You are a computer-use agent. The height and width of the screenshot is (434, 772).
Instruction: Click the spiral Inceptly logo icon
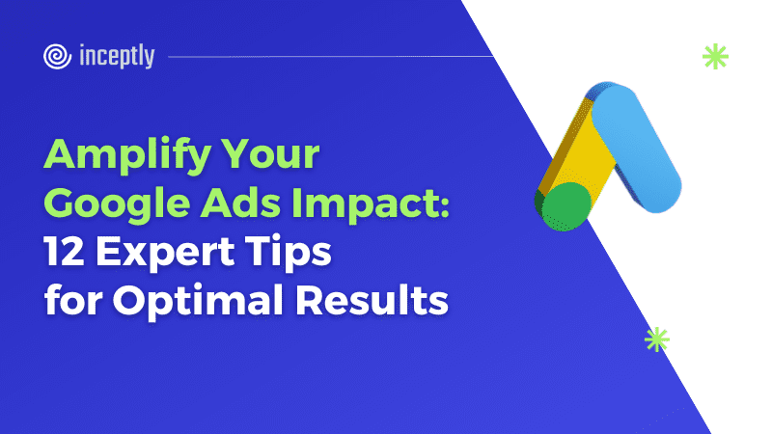[x=57, y=56]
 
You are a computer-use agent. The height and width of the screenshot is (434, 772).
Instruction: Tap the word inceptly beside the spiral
[x=117, y=56]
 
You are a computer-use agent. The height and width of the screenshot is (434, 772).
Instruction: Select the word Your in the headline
[x=270, y=154]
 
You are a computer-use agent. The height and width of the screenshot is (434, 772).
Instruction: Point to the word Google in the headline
[x=117, y=205]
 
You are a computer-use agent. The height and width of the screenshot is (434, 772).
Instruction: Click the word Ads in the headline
[x=240, y=203]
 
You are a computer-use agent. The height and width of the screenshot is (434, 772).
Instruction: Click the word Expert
[x=164, y=253]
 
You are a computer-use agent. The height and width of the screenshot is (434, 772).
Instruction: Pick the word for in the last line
[x=73, y=299]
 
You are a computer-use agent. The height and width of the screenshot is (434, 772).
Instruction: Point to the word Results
[x=372, y=299]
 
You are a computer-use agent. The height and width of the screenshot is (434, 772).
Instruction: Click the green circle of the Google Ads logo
[x=565, y=206]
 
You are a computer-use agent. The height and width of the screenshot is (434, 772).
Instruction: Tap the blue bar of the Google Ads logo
[x=636, y=149]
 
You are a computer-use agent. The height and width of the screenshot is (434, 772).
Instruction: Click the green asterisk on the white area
[x=715, y=56]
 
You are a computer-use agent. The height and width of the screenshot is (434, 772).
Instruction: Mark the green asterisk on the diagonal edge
[x=657, y=339]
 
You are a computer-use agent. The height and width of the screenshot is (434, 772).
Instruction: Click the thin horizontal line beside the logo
[x=330, y=57]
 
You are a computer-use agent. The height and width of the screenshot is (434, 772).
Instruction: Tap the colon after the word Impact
[x=444, y=207]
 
